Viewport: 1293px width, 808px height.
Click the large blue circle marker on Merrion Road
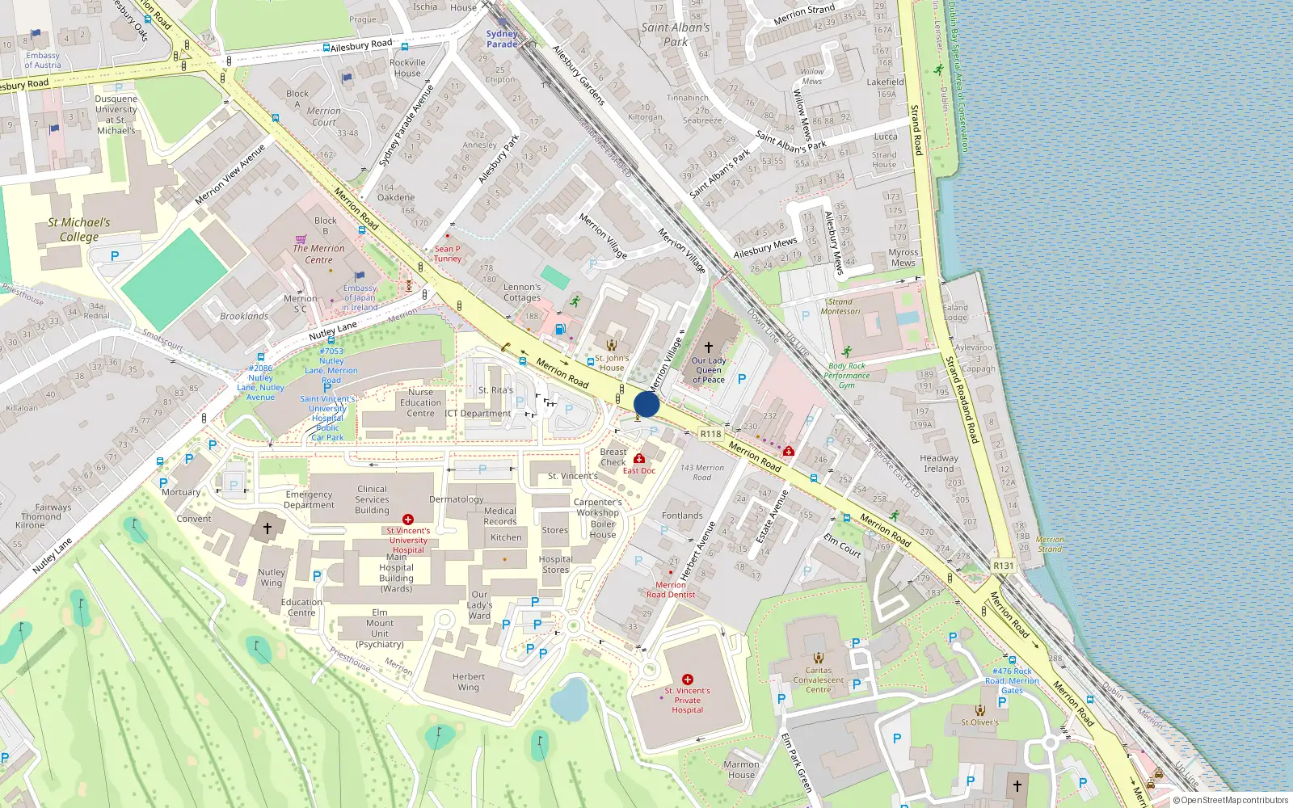coord(646,404)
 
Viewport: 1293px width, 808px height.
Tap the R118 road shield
coord(710,434)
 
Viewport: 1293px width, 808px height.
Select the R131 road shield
coord(1003,566)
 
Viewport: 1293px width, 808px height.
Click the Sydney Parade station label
coord(502,39)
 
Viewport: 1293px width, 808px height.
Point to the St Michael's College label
coord(79,229)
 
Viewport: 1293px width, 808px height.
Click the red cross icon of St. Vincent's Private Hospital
coord(687,680)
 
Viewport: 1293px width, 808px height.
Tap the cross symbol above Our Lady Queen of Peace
coord(709,347)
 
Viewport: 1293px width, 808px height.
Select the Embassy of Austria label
coord(43,61)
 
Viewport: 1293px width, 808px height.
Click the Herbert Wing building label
coord(469,682)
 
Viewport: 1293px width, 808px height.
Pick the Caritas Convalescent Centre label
coord(819,680)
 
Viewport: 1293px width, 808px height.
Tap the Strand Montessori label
coord(840,306)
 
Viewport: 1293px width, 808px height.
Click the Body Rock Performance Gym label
coord(847,375)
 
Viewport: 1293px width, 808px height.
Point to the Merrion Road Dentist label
coord(671,590)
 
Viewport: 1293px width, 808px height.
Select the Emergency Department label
coord(309,499)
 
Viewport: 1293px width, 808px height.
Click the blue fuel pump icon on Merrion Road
coord(560,329)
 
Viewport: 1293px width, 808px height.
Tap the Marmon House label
coord(741,769)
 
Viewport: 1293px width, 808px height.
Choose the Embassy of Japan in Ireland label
coord(360,297)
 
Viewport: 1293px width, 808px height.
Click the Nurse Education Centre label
coord(420,402)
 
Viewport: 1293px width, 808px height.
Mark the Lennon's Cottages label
coord(522,292)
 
